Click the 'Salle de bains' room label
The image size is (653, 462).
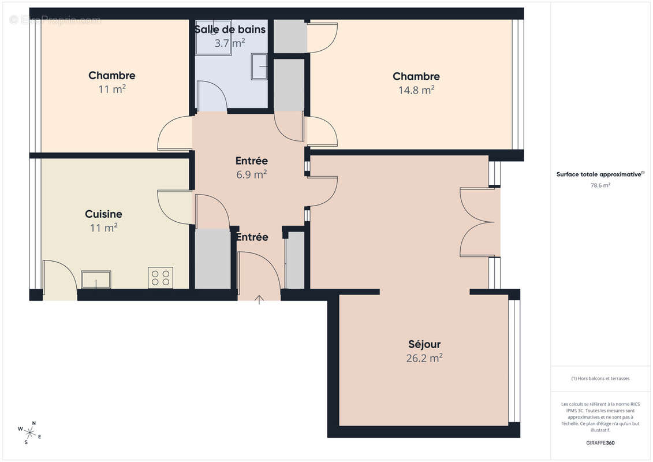[x=230, y=29]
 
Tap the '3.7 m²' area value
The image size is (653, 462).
[x=230, y=43]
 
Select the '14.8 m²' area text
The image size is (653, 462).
[x=416, y=90]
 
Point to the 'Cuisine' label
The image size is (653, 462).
[x=103, y=214]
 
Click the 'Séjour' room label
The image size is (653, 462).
[x=424, y=344]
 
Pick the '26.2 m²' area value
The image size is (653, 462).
[x=424, y=358]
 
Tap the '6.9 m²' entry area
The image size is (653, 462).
[x=251, y=174]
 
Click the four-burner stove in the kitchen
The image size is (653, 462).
[x=159, y=278]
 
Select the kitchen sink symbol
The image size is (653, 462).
[x=96, y=279]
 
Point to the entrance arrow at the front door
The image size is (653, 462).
[x=259, y=299]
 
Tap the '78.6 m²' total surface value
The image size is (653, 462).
[x=600, y=185]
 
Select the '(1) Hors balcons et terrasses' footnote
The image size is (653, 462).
[x=600, y=379]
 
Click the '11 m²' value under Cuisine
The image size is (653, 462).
[x=103, y=228]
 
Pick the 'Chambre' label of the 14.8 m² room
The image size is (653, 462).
[x=416, y=76]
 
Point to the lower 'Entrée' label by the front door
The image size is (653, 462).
[x=252, y=237]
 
